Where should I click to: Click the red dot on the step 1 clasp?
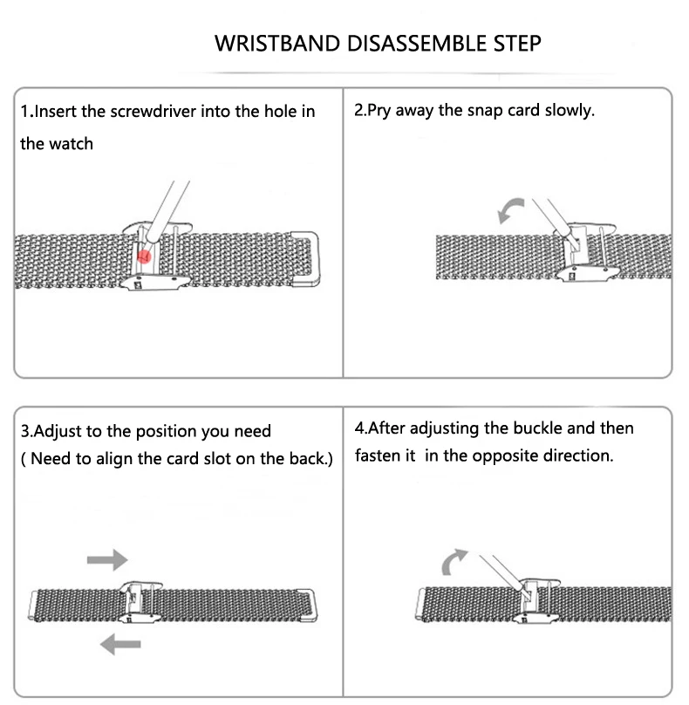pyautogui.click(x=145, y=255)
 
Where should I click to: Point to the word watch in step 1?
pyautogui.click(x=71, y=144)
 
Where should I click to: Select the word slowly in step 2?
pyautogui.click(x=570, y=112)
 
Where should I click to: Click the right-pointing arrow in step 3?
pyautogui.click(x=107, y=558)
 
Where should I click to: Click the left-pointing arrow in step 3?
pyautogui.click(x=119, y=644)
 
